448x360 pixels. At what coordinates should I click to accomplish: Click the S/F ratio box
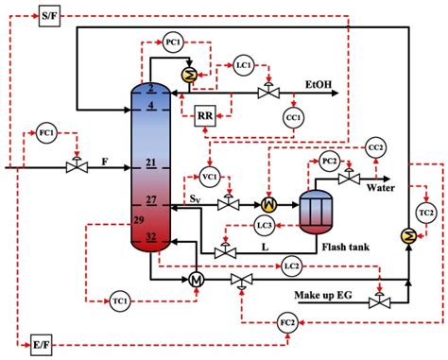pos(48,17)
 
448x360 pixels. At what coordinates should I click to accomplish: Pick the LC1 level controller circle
pos(244,65)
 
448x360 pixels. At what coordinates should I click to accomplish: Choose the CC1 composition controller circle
pos(293,116)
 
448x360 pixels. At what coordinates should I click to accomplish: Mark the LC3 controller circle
pos(267,225)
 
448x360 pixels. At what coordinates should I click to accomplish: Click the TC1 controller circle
pos(120,300)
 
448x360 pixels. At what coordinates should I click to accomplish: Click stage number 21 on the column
pos(151,164)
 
